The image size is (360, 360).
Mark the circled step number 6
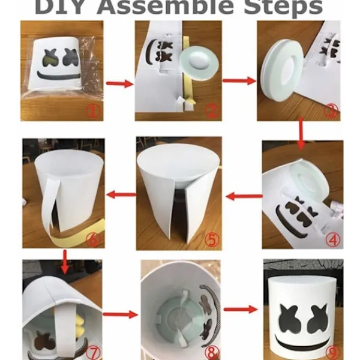coord(92,239)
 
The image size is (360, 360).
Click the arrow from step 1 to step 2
coord(119,83)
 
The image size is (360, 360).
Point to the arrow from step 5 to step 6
coord(121,194)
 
